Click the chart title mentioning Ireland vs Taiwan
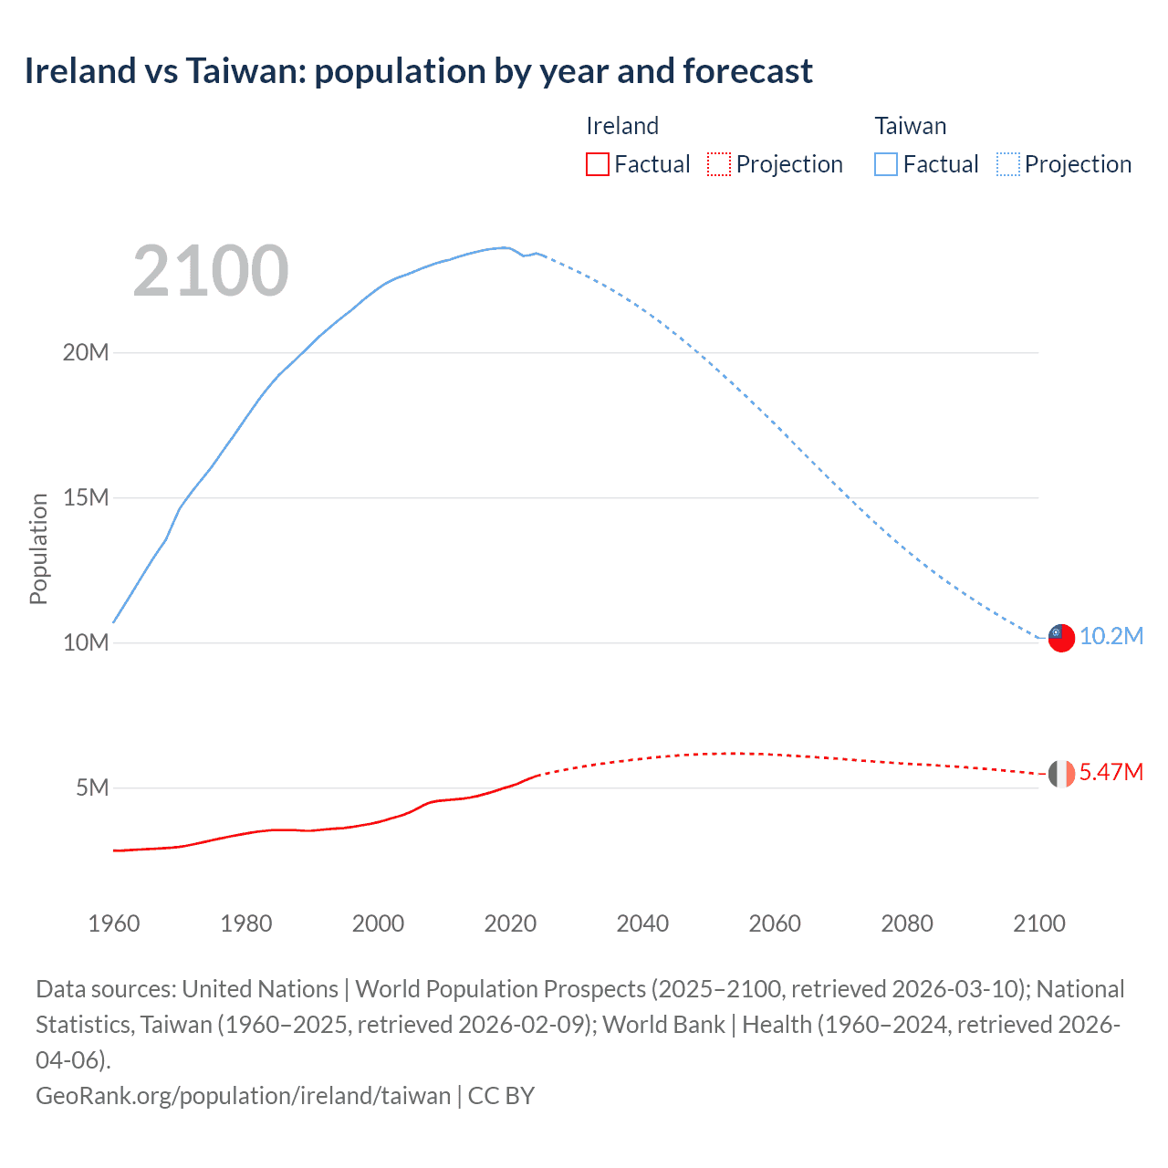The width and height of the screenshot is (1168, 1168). (x=418, y=71)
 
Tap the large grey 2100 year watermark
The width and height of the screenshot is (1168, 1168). (x=211, y=271)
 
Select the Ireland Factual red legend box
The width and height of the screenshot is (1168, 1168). (x=598, y=164)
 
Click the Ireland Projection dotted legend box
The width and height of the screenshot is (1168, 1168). (x=719, y=164)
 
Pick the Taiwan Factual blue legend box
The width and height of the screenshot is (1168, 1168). (x=886, y=164)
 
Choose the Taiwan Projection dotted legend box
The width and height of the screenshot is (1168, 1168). (x=1008, y=164)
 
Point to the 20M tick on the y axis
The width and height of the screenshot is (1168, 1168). (x=86, y=353)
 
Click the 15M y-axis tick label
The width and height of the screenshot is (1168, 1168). (x=86, y=498)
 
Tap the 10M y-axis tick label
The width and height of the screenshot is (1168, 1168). (x=86, y=643)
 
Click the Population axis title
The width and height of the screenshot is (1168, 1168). (x=38, y=548)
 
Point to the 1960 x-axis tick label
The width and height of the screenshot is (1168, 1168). (x=114, y=923)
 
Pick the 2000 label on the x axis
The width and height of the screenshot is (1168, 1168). (x=378, y=923)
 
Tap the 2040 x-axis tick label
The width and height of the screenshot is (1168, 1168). (x=642, y=923)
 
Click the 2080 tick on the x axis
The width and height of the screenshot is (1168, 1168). (x=907, y=923)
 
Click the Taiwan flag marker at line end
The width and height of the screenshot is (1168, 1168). (x=1061, y=638)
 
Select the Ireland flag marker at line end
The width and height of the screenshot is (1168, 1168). (x=1061, y=774)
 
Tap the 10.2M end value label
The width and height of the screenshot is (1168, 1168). (x=1111, y=637)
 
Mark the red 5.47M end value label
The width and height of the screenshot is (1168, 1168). (x=1111, y=773)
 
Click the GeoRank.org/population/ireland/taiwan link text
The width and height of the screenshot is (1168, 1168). (x=243, y=1096)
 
